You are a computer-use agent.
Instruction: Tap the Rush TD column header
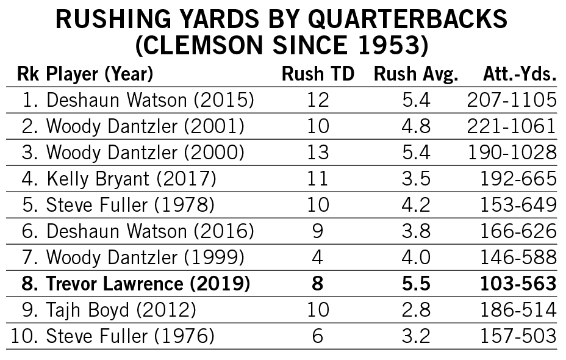318,74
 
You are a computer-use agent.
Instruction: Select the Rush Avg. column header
415,74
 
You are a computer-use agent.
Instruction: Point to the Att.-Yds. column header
520,74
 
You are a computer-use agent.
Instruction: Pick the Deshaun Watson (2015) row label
150,100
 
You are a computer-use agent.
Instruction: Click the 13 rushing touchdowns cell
318,153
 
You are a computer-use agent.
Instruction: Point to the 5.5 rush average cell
417,284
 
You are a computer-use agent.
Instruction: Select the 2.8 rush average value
417,310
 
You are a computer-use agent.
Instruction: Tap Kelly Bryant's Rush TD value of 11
318,179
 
